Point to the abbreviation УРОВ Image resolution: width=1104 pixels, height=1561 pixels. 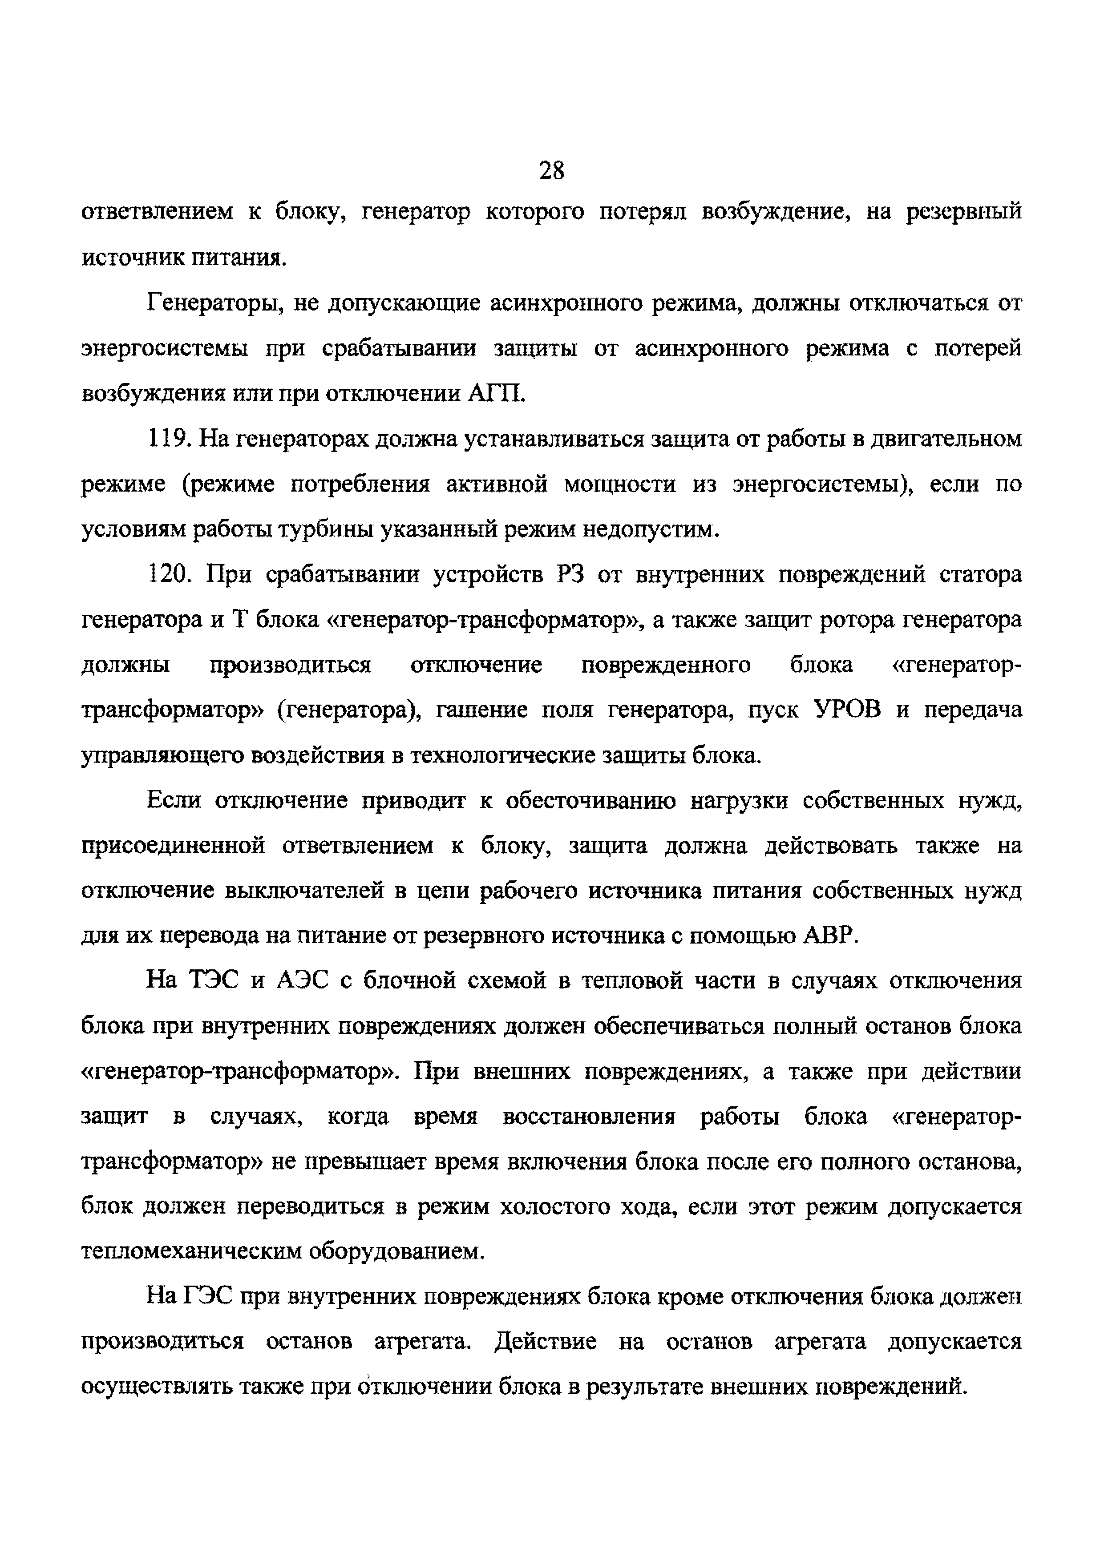[x=847, y=710]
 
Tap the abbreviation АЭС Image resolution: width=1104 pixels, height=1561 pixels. [x=304, y=981]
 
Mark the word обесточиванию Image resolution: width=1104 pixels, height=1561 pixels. [x=590, y=801]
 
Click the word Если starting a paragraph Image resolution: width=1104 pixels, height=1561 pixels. [x=174, y=801]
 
